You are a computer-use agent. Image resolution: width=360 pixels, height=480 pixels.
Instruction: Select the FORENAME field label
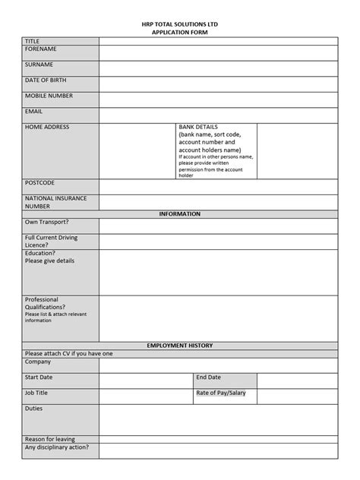tap(41, 49)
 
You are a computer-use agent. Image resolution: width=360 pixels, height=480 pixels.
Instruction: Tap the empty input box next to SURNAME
tap(218, 68)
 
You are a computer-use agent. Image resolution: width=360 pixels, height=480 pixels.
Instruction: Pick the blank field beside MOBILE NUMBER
tap(218, 99)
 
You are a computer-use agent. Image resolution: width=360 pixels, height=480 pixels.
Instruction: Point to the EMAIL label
tap(34, 112)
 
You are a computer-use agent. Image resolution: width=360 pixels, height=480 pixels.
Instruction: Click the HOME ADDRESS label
tap(47, 128)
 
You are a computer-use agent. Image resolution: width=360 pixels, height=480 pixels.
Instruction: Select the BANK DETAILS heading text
tap(197, 127)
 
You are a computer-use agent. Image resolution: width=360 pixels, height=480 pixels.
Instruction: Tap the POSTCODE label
tap(39, 183)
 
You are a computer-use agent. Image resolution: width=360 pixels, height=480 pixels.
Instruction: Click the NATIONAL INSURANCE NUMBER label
tap(55, 202)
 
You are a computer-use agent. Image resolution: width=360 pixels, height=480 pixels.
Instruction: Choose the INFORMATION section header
tap(179, 214)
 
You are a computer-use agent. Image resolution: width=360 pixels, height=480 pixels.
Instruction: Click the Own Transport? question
tap(46, 223)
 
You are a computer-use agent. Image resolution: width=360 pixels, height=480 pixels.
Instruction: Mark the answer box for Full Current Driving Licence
tap(218, 242)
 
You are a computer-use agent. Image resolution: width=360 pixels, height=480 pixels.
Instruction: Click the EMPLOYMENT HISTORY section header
tap(179, 346)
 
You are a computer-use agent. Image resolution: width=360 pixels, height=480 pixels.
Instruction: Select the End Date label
tap(208, 377)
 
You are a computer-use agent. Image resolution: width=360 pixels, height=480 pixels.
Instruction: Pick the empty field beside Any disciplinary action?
tap(218, 450)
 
